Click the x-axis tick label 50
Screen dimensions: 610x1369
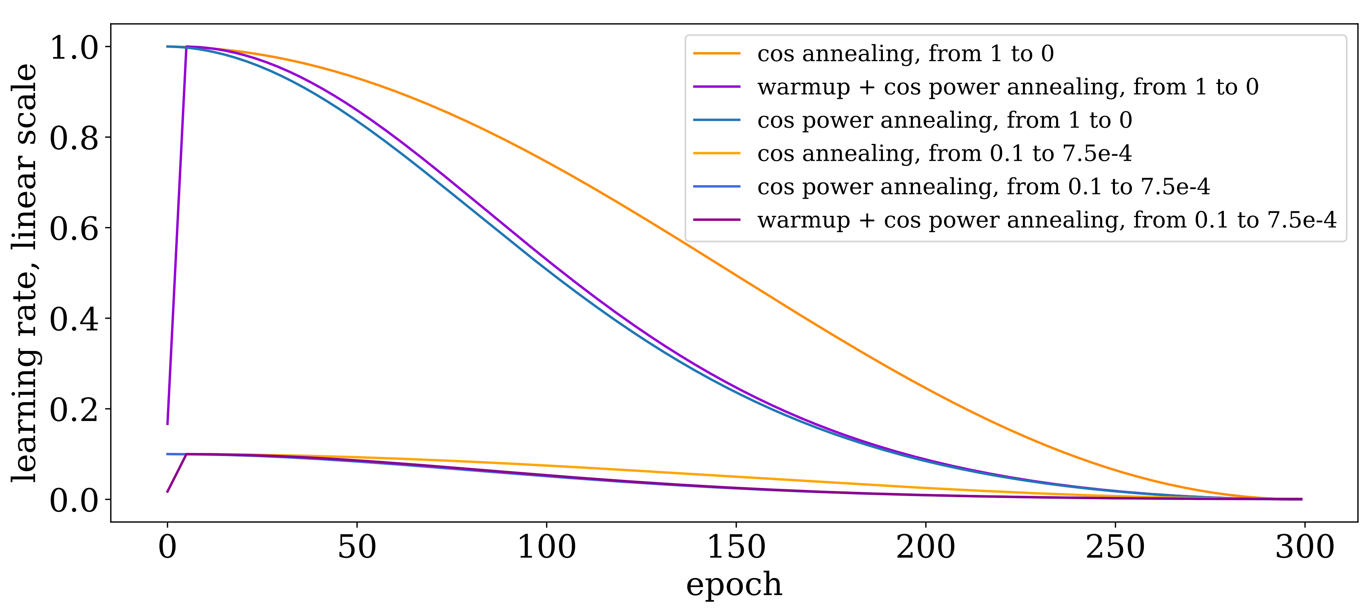click(x=357, y=547)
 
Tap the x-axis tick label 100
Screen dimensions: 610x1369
click(x=546, y=547)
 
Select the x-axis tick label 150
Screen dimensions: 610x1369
click(x=736, y=547)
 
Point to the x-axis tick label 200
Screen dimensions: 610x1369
click(x=926, y=547)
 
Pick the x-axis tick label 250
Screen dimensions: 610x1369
click(x=1115, y=547)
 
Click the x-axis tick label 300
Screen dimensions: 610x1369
click(x=1305, y=547)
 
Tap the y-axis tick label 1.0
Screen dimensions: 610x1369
click(x=74, y=47)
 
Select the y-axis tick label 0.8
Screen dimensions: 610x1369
click(x=74, y=138)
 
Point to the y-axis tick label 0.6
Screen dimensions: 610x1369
click(x=74, y=229)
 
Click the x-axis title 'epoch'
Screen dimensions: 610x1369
click(x=734, y=585)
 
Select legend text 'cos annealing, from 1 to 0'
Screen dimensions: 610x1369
click(x=906, y=53)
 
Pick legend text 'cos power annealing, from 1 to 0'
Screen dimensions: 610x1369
click(x=944, y=120)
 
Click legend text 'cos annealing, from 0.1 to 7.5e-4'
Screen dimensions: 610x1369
click(x=944, y=154)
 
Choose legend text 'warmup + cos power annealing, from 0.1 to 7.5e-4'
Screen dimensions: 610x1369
click(x=1046, y=220)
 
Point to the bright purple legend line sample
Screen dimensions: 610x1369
click(x=716, y=87)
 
